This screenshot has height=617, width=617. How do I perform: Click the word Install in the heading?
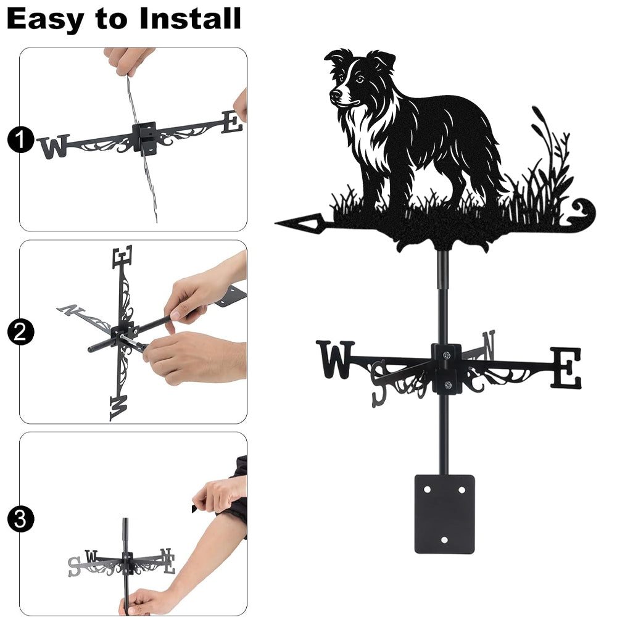tap(190, 19)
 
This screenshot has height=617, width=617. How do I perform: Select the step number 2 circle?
tap(20, 332)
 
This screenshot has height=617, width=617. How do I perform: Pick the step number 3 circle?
tap(20, 519)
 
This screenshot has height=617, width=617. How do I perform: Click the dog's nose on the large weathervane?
tap(336, 94)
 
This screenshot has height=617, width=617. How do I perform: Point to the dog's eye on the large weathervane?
tap(359, 79)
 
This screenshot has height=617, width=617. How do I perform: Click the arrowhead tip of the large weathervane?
tap(276, 223)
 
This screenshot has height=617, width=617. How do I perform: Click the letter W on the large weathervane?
tap(335, 359)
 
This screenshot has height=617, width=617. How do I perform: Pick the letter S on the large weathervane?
tap(379, 384)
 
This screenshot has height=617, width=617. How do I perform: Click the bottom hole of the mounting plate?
tap(444, 540)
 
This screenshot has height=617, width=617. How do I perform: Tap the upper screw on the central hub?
tap(447, 355)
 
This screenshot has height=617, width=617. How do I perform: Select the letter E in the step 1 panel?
tap(232, 122)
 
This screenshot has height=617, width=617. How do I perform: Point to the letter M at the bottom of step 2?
tap(119, 408)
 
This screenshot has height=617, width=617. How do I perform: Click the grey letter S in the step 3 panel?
tap(75, 566)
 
